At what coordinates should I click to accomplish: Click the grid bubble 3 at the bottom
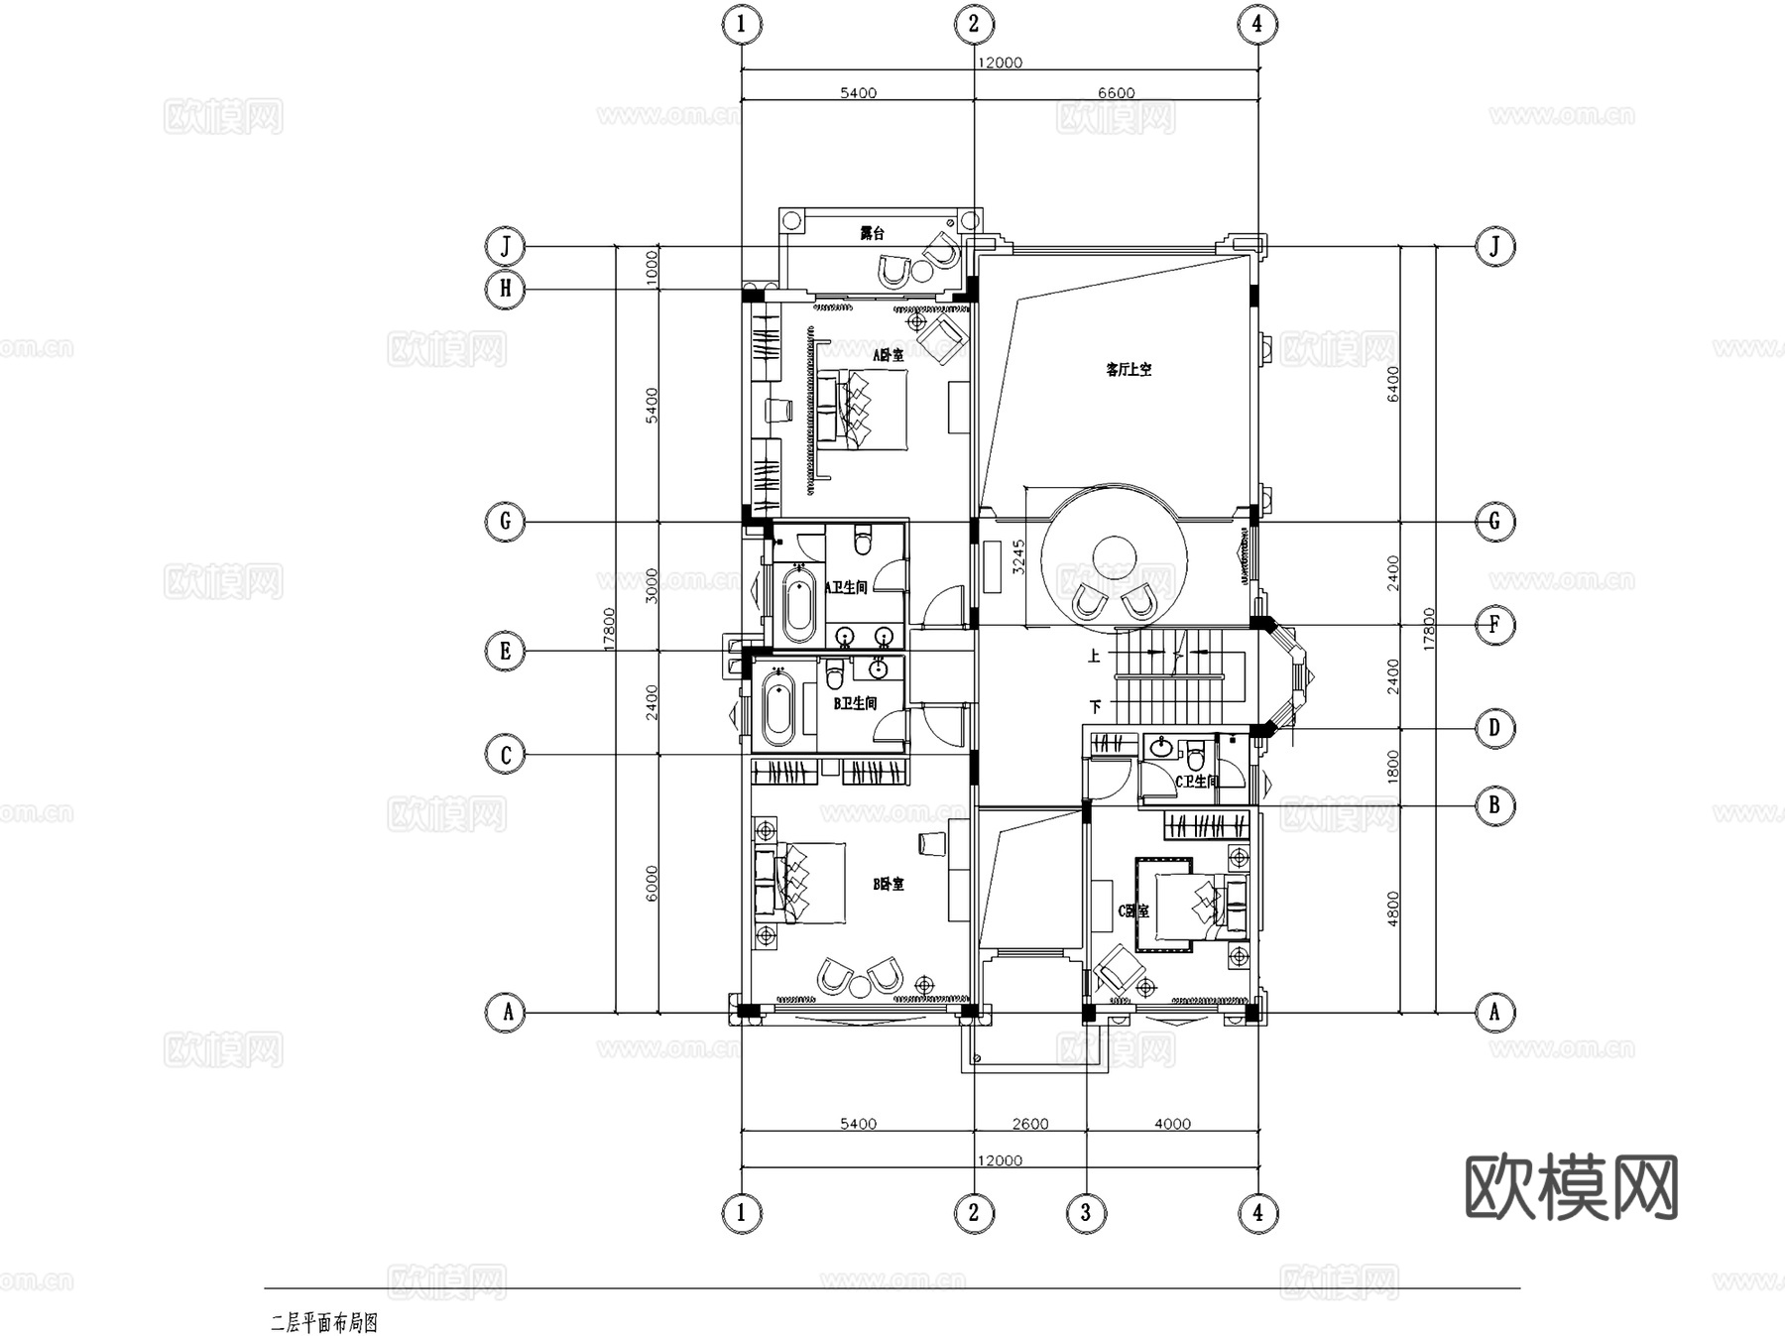click(1086, 1212)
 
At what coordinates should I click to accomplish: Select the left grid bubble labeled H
click(506, 289)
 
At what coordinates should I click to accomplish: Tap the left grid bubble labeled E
click(506, 652)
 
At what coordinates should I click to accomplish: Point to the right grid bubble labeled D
click(1494, 729)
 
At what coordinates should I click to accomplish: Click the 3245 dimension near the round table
click(1017, 557)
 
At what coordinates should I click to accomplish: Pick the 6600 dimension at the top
click(1116, 93)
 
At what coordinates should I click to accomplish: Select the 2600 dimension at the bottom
click(1030, 1124)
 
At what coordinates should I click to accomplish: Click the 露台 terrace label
click(872, 234)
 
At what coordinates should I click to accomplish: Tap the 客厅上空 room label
click(1129, 370)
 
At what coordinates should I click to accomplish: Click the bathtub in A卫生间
click(798, 604)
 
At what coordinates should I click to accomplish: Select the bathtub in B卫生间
click(778, 708)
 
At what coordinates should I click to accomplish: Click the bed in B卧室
click(808, 883)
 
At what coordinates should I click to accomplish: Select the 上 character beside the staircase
click(1095, 656)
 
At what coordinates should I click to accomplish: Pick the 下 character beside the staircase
click(1095, 707)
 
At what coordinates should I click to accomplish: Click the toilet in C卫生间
click(1196, 759)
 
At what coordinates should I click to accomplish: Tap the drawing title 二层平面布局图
click(324, 1323)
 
